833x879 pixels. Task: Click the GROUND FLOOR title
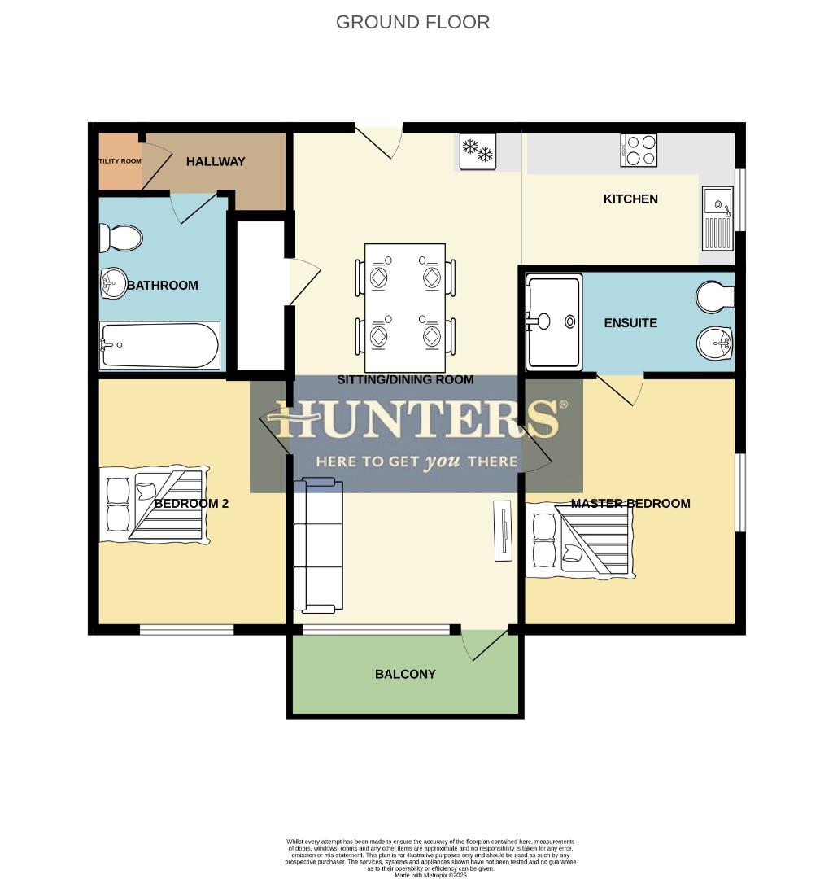click(412, 22)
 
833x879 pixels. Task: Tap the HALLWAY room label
click(216, 161)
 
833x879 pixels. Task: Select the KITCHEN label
click(630, 199)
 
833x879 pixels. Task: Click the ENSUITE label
click(630, 323)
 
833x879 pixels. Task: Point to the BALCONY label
click(405, 674)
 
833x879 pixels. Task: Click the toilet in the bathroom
click(120, 238)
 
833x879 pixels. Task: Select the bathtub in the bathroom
click(159, 345)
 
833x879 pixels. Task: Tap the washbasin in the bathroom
click(113, 284)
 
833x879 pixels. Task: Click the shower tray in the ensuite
click(554, 321)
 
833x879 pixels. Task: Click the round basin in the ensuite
click(714, 343)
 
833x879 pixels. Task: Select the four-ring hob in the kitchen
click(639, 150)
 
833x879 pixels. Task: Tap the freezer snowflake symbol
click(478, 151)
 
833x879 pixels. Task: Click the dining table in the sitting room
click(405, 307)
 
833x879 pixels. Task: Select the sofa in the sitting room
click(318, 545)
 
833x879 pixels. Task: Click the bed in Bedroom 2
click(154, 505)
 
